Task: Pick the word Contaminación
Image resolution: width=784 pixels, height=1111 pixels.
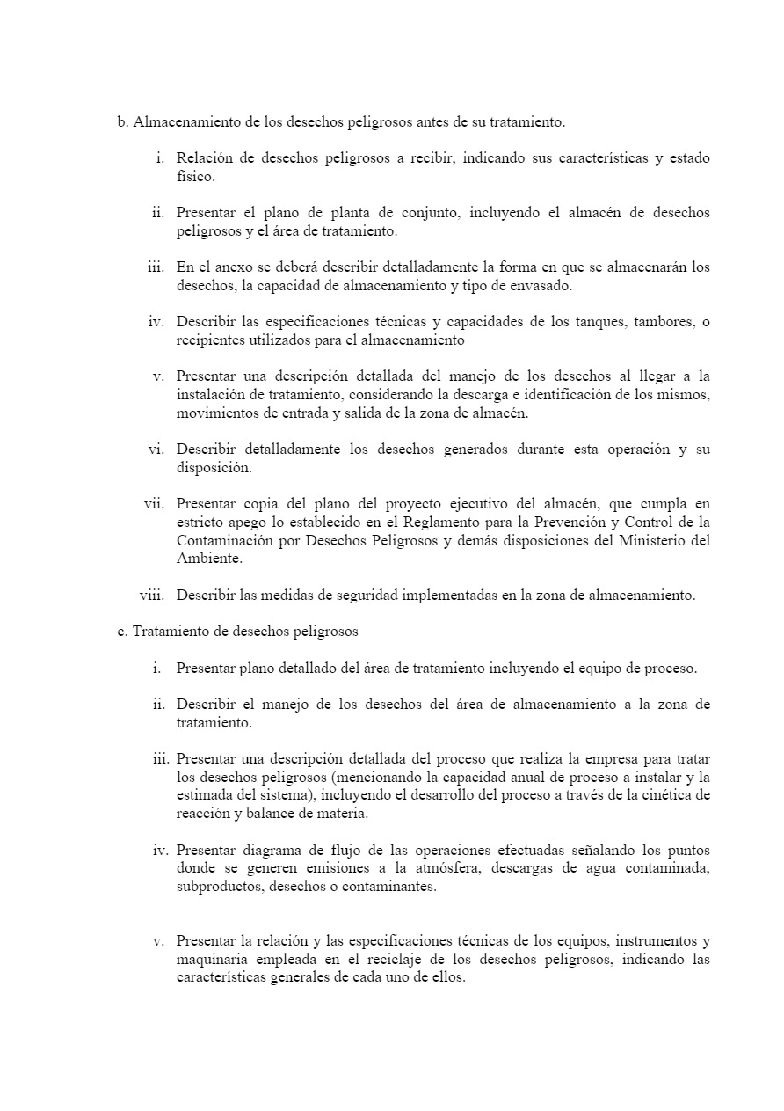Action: [226, 540]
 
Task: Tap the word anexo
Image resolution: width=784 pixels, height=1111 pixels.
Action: [229, 267]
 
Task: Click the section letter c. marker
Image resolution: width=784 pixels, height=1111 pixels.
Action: [122, 632]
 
